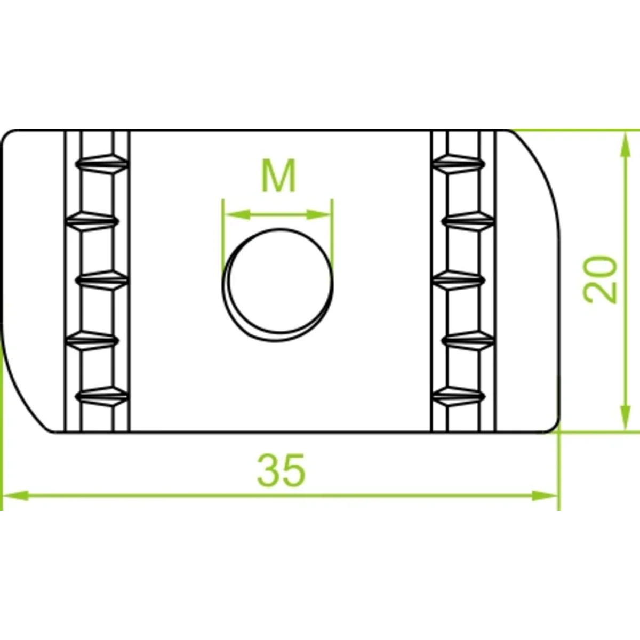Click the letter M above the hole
(278, 175)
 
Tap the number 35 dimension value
(281, 470)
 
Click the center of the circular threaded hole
(278, 285)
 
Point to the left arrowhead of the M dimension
(237, 214)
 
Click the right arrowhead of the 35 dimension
(545, 505)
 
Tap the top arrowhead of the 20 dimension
(625, 145)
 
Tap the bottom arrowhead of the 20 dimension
(625, 417)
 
